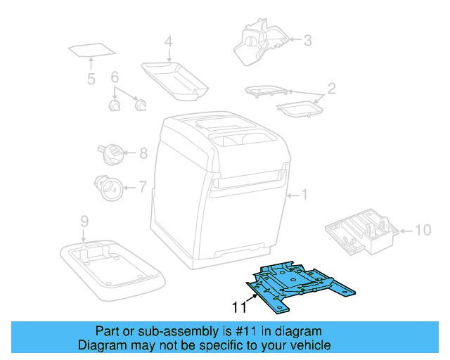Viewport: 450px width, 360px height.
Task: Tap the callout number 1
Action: click(x=305, y=193)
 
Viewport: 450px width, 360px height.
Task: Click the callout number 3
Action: click(x=307, y=40)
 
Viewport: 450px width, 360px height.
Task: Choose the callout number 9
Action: click(x=84, y=221)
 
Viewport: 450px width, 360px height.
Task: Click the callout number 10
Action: click(x=421, y=229)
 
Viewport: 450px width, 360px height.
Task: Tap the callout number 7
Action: click(x=142, y=187)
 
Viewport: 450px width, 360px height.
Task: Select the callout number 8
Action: click(x=143, y=152)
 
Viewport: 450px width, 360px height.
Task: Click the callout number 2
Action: click(x=331, y=89)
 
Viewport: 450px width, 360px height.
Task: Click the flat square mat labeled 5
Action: click(x=91, y=51)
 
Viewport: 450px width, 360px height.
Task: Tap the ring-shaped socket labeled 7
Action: click(x=108, y=188)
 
